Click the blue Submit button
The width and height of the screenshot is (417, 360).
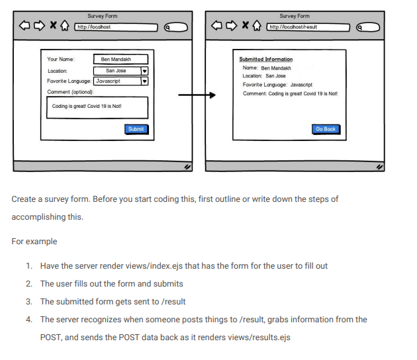tap(136, 129)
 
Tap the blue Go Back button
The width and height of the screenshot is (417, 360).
tap(326, 129)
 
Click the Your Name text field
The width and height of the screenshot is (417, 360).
tap(120, 60)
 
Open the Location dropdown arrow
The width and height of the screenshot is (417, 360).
tap(144, 71)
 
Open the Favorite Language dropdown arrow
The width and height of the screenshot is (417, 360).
tap(144, 81)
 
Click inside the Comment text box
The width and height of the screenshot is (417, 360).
tap(97, 108)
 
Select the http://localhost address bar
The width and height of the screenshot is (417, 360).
tap(116, 27)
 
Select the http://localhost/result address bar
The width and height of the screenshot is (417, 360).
tap(308, 27)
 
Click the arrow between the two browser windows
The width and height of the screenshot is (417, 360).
tap(197, 95)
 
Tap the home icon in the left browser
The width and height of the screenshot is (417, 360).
tap(65, 26)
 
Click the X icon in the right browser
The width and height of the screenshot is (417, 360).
tap(245, 25)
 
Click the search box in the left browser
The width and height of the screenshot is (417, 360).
tap(176, 27)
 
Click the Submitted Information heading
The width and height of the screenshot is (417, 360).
tap(266, 60)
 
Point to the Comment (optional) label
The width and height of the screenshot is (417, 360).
tap(70, 92)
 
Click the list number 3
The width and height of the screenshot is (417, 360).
tap(29, 302)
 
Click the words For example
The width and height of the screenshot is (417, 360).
tap(34, 242)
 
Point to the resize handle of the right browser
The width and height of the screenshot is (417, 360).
tap(379, 167)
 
